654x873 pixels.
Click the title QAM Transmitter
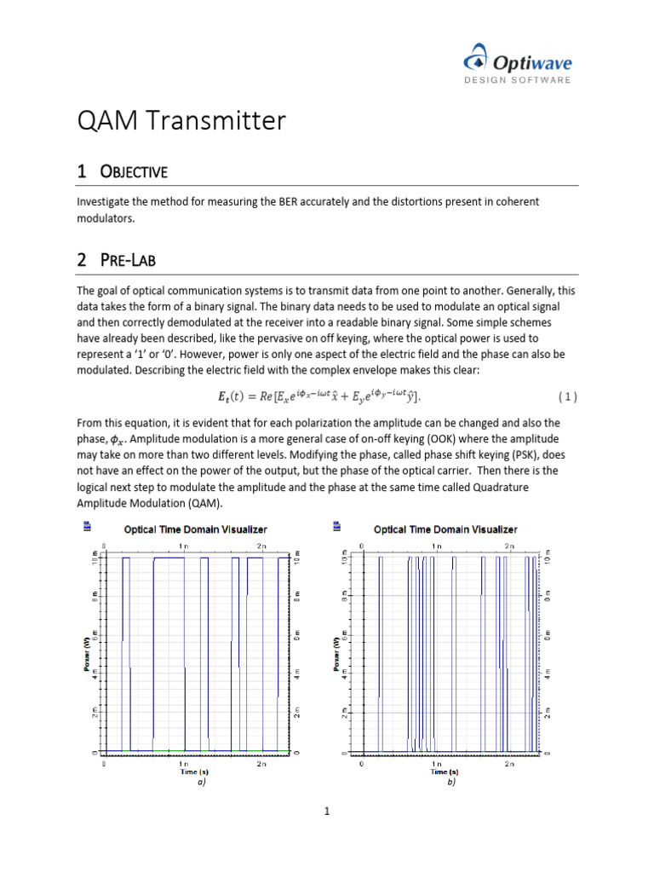point(181,121)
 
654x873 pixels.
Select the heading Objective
point(122,171)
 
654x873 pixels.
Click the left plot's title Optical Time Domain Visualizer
point(197,529)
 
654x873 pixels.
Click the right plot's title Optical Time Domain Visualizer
point(445,529)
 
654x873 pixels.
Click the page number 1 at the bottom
point(326,812)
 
